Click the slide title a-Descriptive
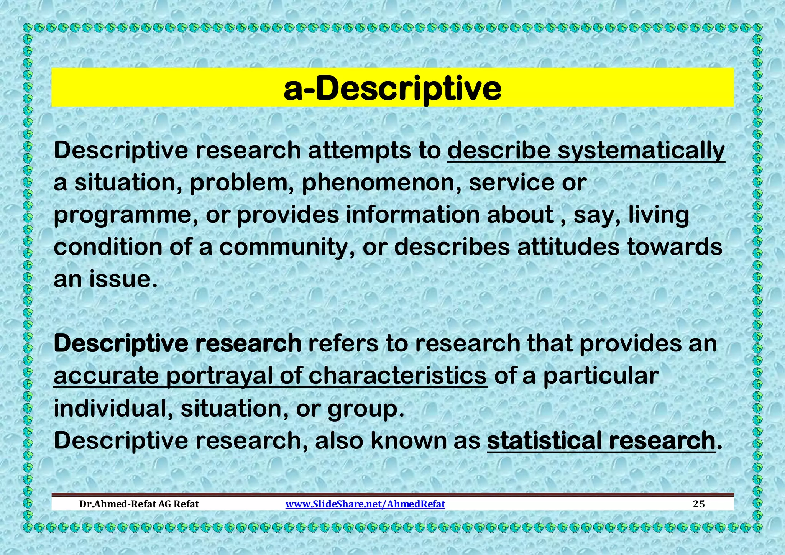pos(392,89)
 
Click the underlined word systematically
pos(641,150)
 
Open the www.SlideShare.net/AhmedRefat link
pos(365,504)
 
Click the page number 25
pos(699,504)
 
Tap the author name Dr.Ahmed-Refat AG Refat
pos(139,504)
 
